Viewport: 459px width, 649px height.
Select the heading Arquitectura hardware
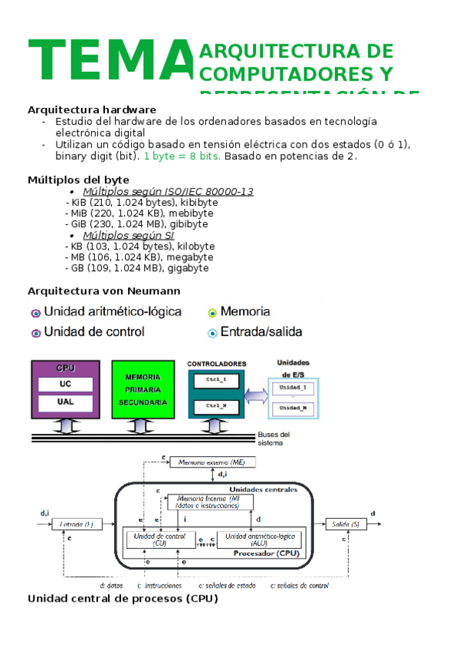click(92, 109)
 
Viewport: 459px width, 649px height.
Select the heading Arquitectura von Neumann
click(103, 291)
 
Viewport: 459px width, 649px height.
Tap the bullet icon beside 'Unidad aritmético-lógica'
click(35, 313)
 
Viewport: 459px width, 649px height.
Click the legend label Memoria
click(244, 311)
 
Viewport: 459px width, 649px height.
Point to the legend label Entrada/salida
click(261, 332)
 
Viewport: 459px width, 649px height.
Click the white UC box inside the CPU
click(65, 383)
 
